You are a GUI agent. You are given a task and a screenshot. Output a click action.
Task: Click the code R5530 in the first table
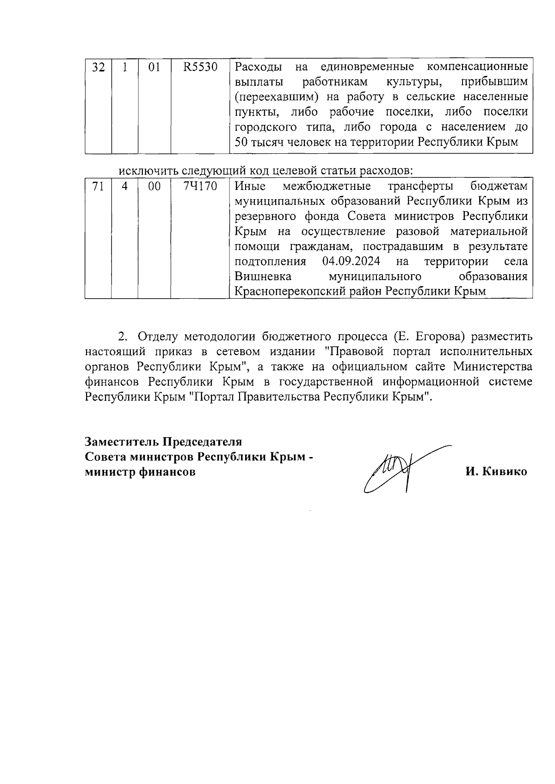[x=200, y=68]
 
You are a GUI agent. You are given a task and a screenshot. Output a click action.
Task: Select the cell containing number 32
[x=98, y=68]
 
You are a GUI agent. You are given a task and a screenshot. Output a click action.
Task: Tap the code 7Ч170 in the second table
[x=200, y=187]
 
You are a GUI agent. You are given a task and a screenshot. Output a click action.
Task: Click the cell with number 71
[x=98, y=187]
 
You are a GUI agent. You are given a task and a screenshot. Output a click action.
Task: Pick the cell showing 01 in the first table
[x=154, y=68]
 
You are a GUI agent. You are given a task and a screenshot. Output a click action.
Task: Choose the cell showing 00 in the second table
[x=154, y=187]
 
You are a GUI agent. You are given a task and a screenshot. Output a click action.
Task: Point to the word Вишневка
[x=263, y=277]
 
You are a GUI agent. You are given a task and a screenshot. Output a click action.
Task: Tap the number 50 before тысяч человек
[x=241, y=142]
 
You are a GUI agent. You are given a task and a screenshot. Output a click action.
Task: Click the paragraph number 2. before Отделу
[x=123, y=336]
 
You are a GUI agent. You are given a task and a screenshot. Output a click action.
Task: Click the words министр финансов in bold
[x=140, y=472]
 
